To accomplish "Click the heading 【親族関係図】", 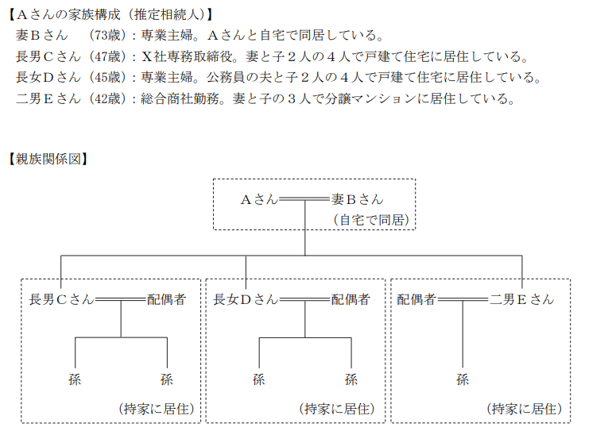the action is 48,159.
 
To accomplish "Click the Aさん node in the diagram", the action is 259,199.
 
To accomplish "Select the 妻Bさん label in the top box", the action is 357,199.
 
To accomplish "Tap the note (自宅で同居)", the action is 371,220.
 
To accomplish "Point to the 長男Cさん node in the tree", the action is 62,299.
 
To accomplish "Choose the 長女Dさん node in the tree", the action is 246,299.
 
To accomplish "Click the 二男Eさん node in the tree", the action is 522,299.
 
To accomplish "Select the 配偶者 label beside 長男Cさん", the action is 166,299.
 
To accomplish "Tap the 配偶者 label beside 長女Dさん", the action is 351,299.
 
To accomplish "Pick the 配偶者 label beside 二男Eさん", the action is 416,299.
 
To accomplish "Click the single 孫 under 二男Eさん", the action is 463,379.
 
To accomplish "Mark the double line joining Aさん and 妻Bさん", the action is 305,199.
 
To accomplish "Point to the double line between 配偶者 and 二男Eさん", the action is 463,299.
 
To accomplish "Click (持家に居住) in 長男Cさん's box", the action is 156,409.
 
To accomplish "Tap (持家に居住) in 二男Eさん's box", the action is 525,409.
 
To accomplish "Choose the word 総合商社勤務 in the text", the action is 180,98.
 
